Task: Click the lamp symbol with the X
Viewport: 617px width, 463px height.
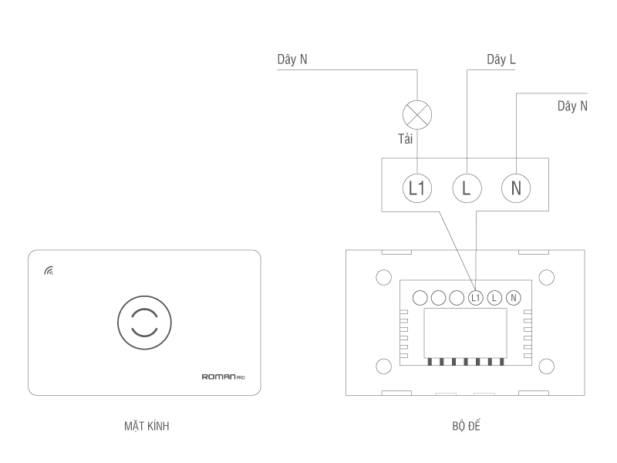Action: click(417, 116)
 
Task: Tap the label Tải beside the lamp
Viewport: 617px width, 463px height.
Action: click(406, 139)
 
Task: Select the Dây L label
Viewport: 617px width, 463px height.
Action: click(501, 59)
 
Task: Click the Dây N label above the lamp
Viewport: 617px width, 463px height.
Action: click(292, 59)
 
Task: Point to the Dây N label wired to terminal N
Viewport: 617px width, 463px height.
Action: click(572, 106)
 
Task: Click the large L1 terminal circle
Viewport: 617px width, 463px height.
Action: click(417, 188)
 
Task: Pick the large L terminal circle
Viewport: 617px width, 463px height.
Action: click(466, 188)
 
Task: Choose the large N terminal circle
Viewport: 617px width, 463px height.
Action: click(516, 188)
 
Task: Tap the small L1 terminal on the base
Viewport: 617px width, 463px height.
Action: click(476, 297)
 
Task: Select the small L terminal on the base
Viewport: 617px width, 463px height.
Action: click(495, 297)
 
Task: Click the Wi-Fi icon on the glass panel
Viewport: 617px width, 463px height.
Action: click(49, 271)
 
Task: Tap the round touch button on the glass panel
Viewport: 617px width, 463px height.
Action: click(144, 323)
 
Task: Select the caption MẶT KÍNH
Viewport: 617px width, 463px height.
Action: click(146, 426)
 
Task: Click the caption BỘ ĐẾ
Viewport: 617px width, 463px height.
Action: click(466, 426)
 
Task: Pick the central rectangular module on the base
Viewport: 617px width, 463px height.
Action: click(465, 333)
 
